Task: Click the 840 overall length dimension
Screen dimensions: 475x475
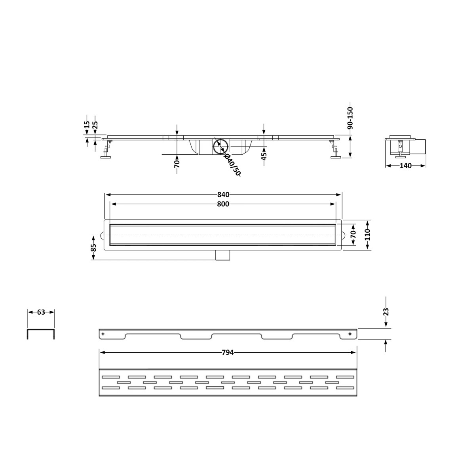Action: [x=223, y=195]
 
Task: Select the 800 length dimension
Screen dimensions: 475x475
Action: [x=223, y=204]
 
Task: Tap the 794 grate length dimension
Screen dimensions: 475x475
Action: [x=228, y=353]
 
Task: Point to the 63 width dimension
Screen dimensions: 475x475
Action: [x=41, y=312]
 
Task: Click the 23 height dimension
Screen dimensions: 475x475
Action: [x=386, y=312]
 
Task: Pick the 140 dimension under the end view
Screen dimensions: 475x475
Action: [x=405, y=166]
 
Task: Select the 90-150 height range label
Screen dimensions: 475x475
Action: [x=350, y=118]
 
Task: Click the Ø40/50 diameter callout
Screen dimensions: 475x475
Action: [x=231, y=164]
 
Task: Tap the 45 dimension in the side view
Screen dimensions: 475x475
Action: [x=264, y=156]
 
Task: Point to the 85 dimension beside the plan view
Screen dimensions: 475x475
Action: [x=93, y=248]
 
